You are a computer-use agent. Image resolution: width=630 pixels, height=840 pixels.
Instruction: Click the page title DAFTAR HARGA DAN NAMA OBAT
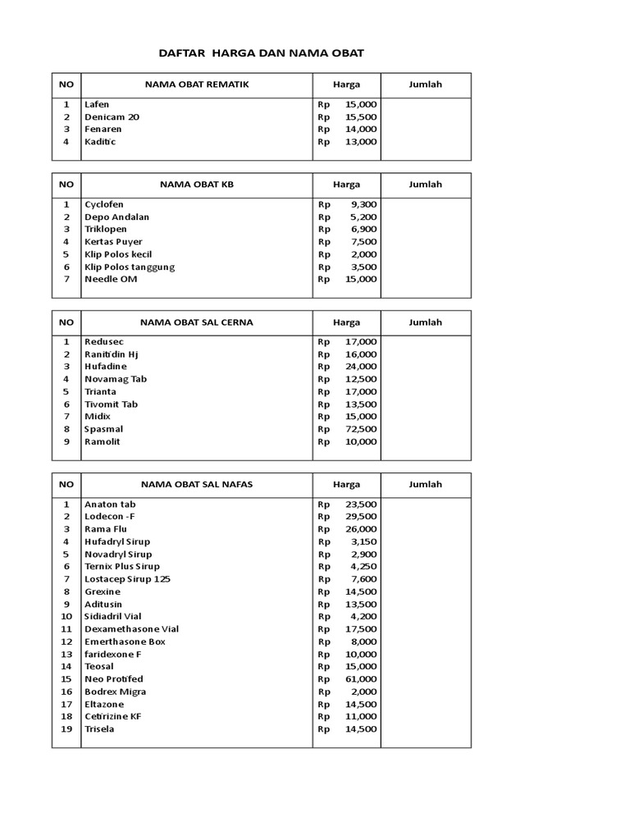(x=260, y=53)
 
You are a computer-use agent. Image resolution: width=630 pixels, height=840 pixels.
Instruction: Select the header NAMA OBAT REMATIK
(x=197, y=84)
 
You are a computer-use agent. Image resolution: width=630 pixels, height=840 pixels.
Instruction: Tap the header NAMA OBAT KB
(x=197, y=185)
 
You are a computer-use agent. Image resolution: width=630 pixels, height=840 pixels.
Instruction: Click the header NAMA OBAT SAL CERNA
(x=197, y=322)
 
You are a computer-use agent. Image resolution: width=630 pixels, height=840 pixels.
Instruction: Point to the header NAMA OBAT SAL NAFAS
(x=197, y=485)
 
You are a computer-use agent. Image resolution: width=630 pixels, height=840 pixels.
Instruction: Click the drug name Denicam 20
(x=112, y=117)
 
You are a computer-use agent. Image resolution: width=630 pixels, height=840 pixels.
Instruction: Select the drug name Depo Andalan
(x=116, y=217)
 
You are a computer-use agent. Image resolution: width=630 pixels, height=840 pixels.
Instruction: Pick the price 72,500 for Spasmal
(x=361, y=429)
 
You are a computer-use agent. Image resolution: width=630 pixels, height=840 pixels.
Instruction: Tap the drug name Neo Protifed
(x=113, y=679)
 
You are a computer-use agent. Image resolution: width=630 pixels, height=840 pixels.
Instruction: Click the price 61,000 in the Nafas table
(x=361, y=679)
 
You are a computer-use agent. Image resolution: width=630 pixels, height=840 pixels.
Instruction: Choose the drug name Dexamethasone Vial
(x=131, y=629)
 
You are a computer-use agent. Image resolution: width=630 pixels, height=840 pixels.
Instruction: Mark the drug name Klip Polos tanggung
(x=130, y=267)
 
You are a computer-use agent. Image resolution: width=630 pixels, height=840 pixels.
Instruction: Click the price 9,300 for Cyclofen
(x=363, y=204)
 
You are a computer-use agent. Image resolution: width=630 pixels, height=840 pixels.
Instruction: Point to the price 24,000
(x=361, y=367)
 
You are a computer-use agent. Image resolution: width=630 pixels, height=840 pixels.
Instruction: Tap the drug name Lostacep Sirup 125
(x=127, y=579)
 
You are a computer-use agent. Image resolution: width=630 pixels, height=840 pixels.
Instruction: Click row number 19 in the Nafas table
(x=66, y=729)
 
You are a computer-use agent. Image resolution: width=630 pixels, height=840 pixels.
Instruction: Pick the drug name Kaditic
(x=100, y=142)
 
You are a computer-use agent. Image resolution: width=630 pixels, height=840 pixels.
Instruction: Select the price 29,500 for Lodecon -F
(x=361, y=517)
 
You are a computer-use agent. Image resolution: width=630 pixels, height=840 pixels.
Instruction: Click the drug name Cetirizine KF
(x=112, y=716)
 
